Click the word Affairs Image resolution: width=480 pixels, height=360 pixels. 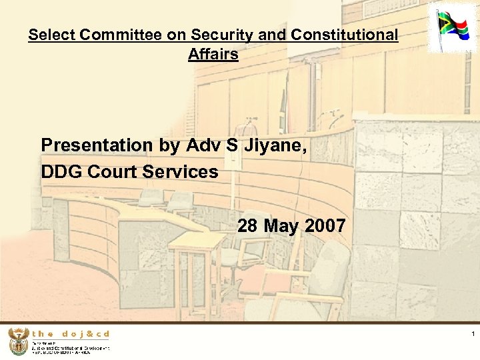(x=213, y=54)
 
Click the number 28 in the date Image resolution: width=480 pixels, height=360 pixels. (x=248, y=226)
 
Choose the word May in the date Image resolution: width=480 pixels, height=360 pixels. (x=281, y=226)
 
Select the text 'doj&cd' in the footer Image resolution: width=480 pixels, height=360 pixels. (x=87, y=334)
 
